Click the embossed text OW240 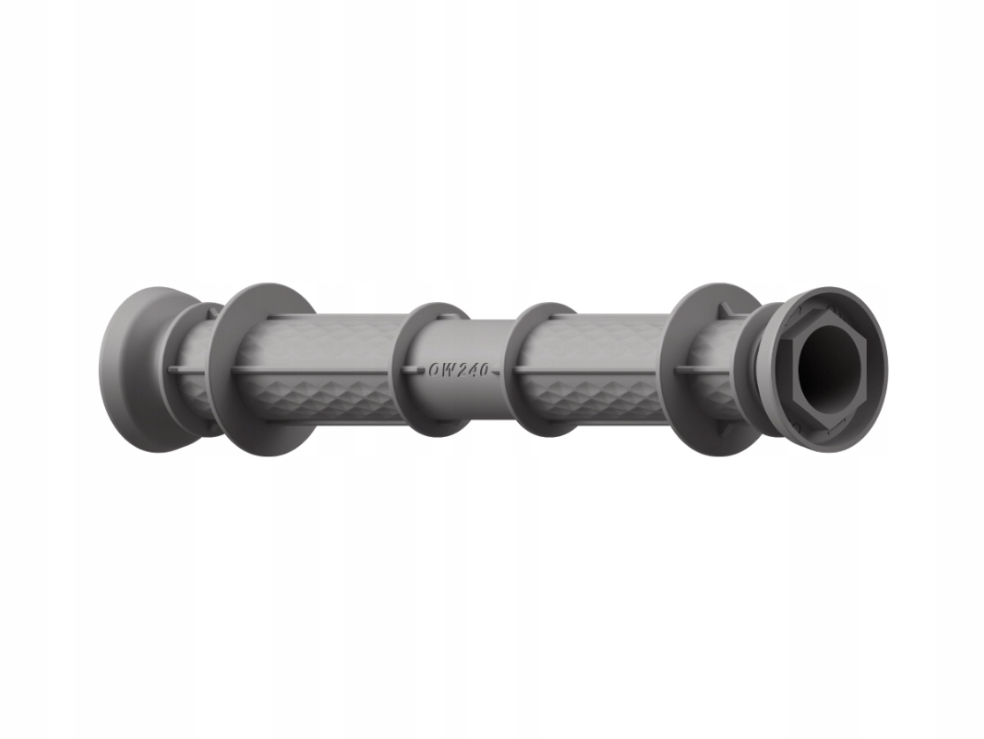pos(458,370)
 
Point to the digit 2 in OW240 pos(460,370)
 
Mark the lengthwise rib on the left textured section pos(318,372)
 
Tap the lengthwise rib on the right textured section pos(600,371)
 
